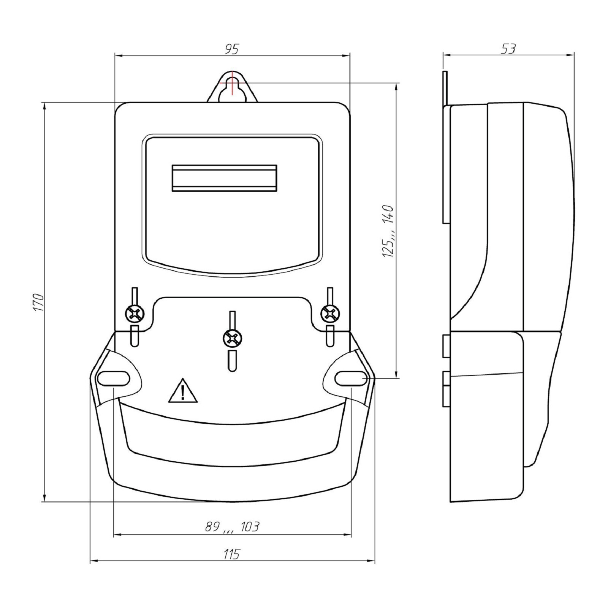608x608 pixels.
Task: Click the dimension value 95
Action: click(x=232, y=49)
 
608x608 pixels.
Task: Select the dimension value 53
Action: click(x=508, y=49)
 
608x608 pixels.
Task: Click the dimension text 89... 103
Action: click(x=232, y=527)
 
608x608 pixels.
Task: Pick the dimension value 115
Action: click(x=232, y=554)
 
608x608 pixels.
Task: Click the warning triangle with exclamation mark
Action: click(x=183, y=391)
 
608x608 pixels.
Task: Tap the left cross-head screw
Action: click(x=135, y=314)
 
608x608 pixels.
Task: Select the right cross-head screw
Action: click(x=330, y=314)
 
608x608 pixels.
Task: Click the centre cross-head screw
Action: click(x=233, y=338)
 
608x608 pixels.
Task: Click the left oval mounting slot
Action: click(x=114, y=378)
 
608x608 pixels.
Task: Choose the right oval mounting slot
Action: click(x=351, y=378)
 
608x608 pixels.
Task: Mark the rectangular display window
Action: click(x=224, y=178)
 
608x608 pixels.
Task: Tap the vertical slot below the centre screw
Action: click(x=232, y=361)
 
